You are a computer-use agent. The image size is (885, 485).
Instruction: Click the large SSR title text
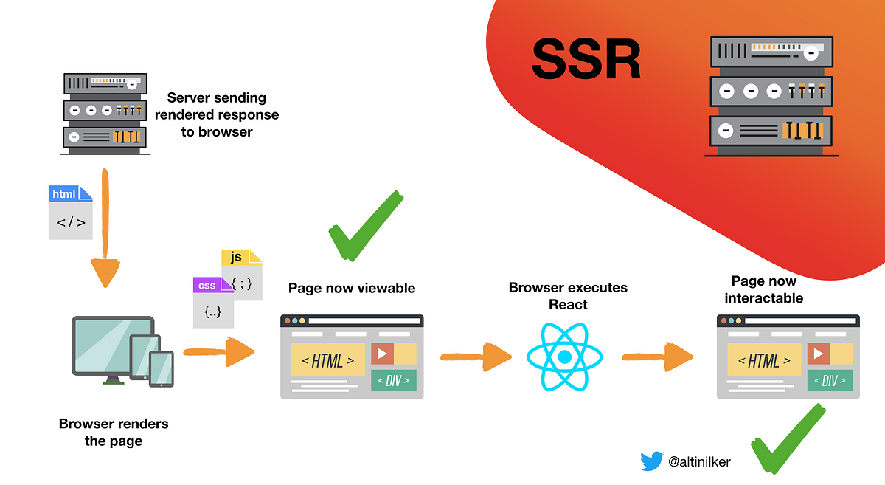(x=586, y=60)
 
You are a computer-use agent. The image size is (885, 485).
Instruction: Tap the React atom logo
(x=564, y=357)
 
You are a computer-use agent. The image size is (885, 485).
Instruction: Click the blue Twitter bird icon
(x=652, y=461)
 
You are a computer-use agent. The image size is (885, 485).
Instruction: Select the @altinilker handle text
(x=699, y=462)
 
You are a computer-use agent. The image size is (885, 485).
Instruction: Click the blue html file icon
(x=71, y=213)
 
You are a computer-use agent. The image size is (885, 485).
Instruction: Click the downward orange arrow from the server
(x=106, y=236)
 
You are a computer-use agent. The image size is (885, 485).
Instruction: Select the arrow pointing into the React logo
(x=476, y=357)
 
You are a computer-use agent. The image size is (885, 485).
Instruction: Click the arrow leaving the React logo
(x=657, y=357)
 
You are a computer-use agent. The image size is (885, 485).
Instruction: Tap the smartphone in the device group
(x=162, y=368)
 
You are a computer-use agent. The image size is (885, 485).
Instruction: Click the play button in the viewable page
(x=382, y=354)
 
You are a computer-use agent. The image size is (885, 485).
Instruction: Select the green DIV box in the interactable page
(x=830, y=380)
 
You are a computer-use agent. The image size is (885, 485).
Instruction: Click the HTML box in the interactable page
(x=765, y=360)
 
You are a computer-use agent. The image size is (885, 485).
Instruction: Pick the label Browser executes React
(x=568, y=295)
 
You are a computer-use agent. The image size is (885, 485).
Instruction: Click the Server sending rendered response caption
(x=216, y=114)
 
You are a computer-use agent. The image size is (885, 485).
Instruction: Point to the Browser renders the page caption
(x=113, y=432)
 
